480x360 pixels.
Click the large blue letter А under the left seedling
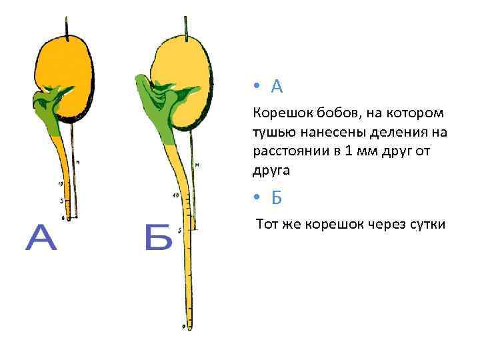41,238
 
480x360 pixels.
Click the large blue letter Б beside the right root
158,238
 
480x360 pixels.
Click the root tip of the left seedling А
65,217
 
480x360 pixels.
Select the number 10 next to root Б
175,195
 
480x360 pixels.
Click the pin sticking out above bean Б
187,23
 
